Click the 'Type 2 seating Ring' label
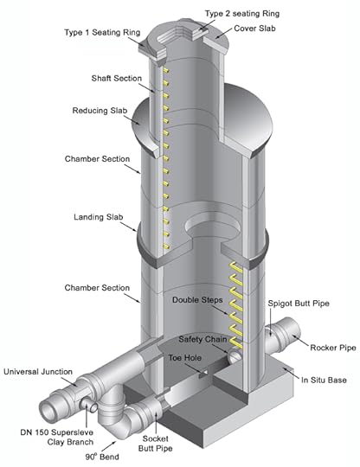pos(242,14)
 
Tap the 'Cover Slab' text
pos(254,29)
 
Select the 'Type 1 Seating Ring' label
pos(102,33)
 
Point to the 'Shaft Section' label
pos(117,79)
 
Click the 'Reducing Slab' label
pos(100,111)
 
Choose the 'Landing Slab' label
pos(99,217)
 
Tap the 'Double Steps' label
pos(197,300)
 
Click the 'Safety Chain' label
pos(202,339)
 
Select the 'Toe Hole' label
pos(185,358)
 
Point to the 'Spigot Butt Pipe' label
pos(299,304)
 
